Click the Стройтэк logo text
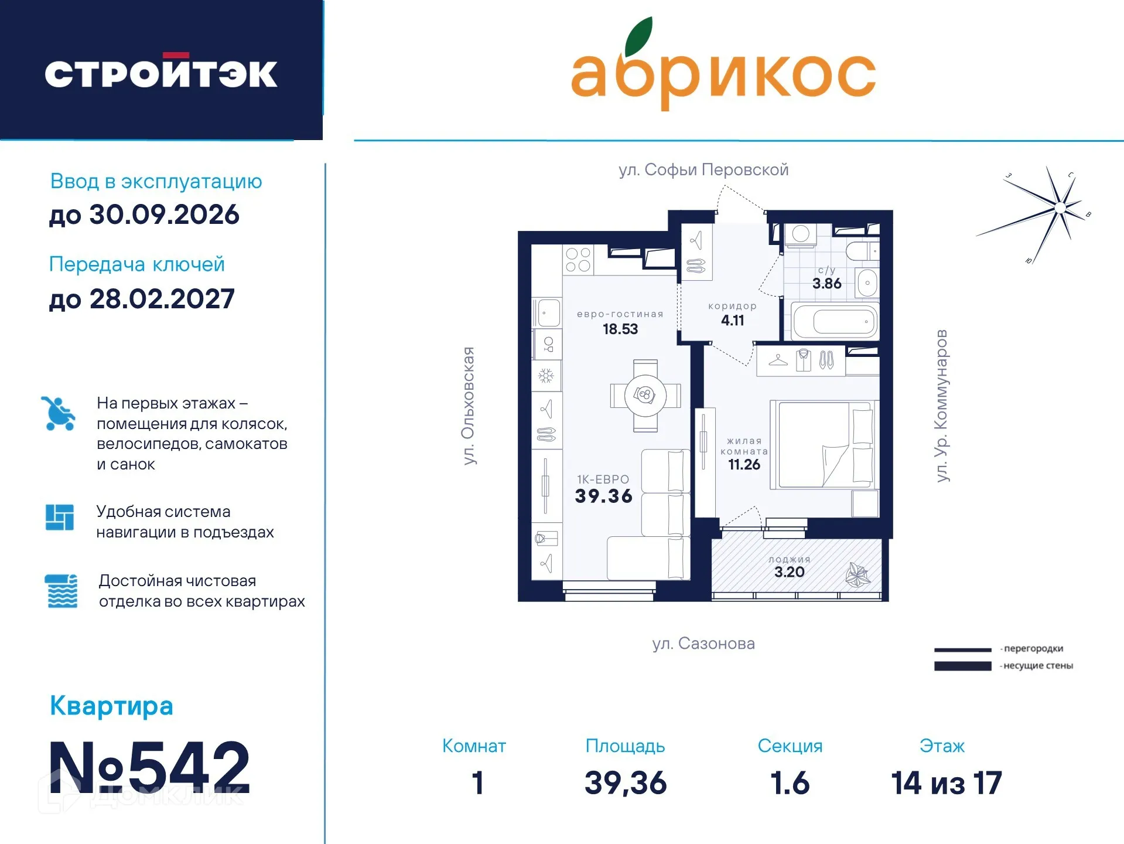161,73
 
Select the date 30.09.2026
164,215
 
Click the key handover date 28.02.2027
162,299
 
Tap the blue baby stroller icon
58,413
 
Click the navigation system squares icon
60,517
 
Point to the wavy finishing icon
62,591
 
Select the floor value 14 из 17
946,783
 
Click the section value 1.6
790,783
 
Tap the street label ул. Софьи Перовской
703,170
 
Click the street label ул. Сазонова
703,644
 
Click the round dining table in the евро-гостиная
645,396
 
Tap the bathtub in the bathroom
835,321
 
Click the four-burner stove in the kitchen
578,260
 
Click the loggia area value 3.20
789,572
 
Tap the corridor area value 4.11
732,321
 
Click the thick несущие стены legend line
962,666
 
